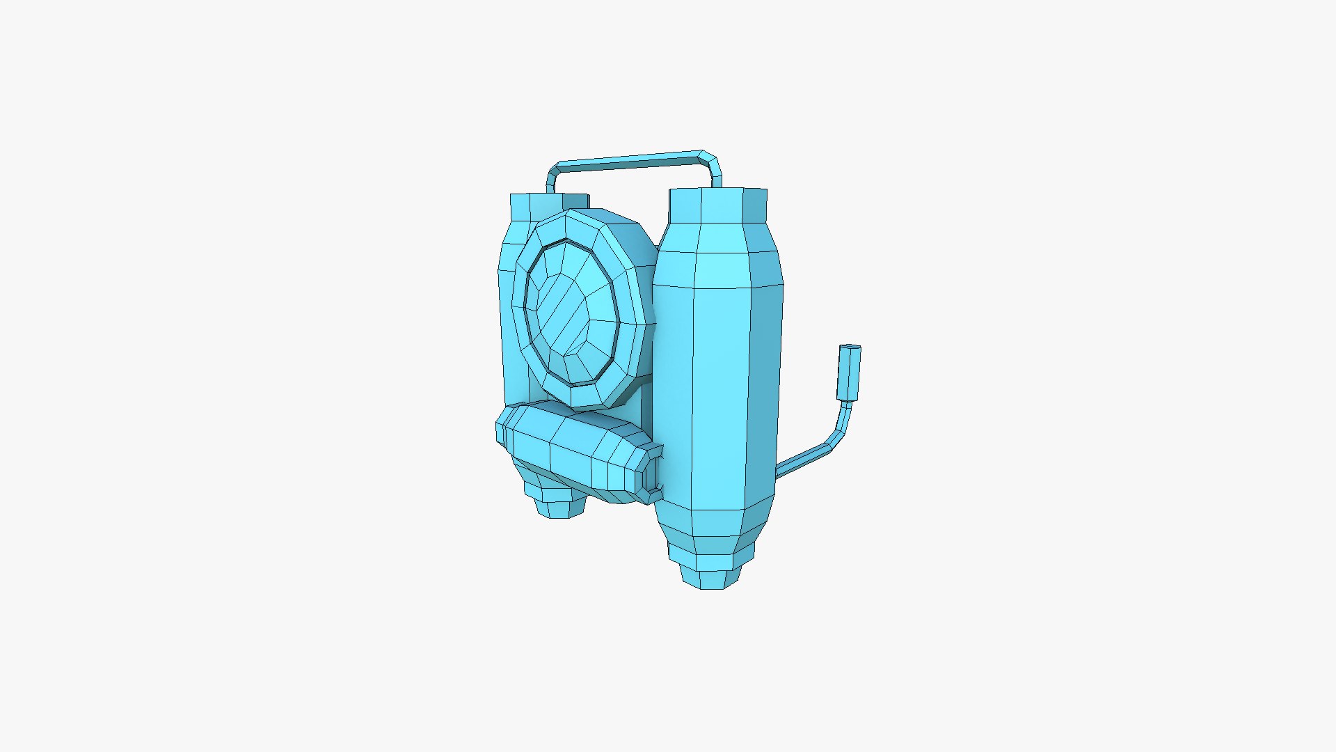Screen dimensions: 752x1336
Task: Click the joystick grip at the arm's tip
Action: click(850, 373)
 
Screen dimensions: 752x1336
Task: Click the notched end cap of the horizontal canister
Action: click(653, 473)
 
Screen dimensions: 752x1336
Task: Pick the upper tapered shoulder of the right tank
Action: click(717, 254)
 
